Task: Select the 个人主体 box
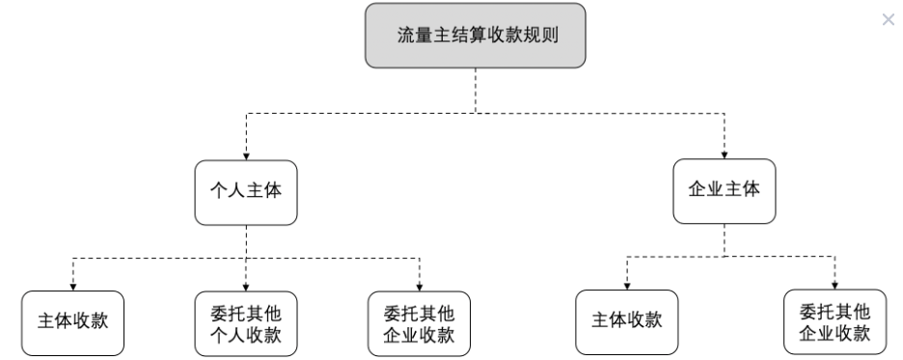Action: pos(246,190)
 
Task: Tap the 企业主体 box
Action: pos(725,189)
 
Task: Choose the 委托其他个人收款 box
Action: pos(246,324)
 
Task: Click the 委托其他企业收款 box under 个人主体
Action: pos(420,324)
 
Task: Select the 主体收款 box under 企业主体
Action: pos(626,321)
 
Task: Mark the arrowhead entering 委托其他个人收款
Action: pos(246,287)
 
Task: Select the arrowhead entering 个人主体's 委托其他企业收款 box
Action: pos(420,287)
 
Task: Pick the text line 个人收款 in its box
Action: pos(246,335)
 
